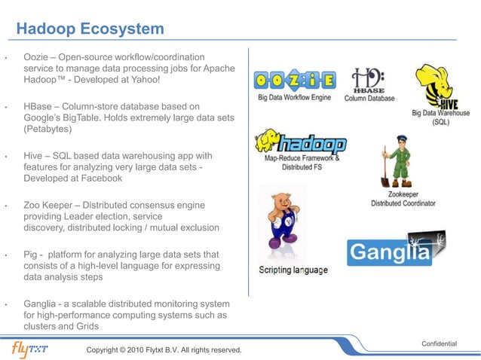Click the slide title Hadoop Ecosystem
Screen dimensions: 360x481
(90, 29)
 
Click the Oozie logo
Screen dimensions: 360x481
(293, 79)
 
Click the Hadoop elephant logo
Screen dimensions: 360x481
(301, 143)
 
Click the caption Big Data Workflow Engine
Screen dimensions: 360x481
(295, 98)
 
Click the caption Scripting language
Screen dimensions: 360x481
(293, 270)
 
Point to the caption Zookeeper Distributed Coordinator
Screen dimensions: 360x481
(403, 199)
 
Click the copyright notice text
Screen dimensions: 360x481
(164, 350)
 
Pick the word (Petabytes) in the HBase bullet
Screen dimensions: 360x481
(47, 130)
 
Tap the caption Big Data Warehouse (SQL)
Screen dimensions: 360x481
(440, 117)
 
